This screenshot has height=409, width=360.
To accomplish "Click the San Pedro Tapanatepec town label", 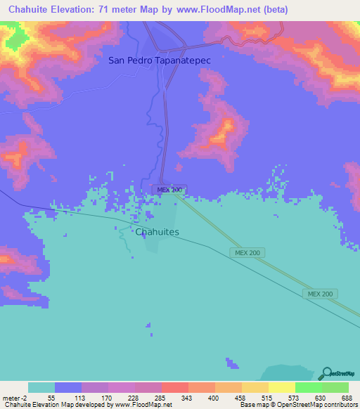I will pos(160,60).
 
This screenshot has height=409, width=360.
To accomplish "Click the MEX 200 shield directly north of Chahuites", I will pos(169,190).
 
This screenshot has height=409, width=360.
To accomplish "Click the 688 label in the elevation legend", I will pos(346,397).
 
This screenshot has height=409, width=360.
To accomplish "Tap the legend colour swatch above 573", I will pos(281,387).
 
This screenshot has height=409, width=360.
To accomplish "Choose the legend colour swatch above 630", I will pos(308,387).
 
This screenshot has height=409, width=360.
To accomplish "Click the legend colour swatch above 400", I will pos(201,387).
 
